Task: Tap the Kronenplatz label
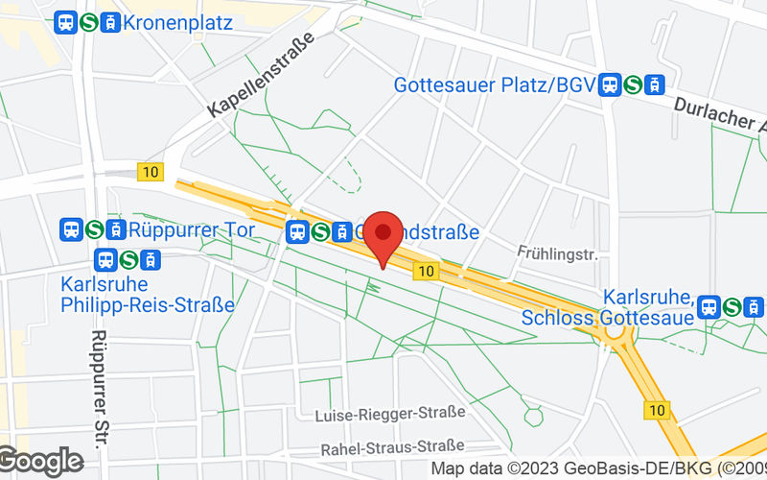(x=177, y=22)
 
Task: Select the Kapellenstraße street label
(x=260, y=76)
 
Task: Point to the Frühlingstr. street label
(x=557, y=254)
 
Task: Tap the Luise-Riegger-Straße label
(x=390, y=413)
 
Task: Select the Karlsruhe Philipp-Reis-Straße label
(x=147, y=295)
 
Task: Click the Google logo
(x=40, y=462)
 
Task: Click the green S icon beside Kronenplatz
(x=88, y=22)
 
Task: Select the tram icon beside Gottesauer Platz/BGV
(x=656, y=85)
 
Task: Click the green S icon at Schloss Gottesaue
(x=732, y=306)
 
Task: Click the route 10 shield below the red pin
(x=427, y=273)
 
